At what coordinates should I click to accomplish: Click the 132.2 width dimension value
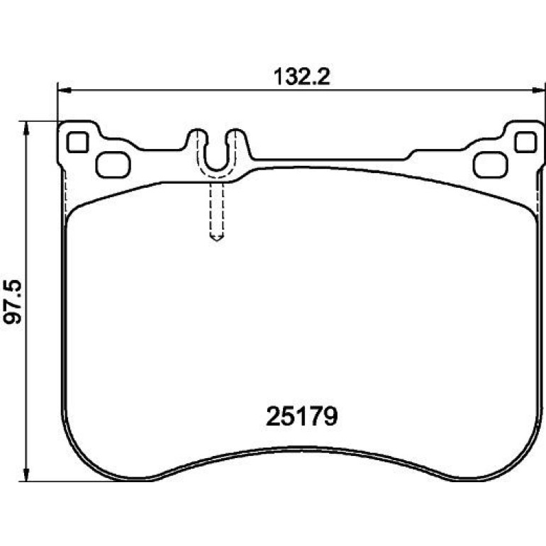click(301, 77)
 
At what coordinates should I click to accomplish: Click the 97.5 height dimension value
click(13, 301)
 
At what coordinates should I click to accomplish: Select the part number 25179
click(301, 416)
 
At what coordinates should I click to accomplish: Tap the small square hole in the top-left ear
click(78, 142)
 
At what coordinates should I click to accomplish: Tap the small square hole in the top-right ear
click(525, 142)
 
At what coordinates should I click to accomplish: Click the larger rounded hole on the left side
click(113, 165)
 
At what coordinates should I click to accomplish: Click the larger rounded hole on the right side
click(490, 165)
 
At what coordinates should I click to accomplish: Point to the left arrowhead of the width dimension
click(65, 91)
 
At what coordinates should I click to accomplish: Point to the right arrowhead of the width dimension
click(538, 91)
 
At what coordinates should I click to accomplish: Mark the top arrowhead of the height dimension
click(26, 129)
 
